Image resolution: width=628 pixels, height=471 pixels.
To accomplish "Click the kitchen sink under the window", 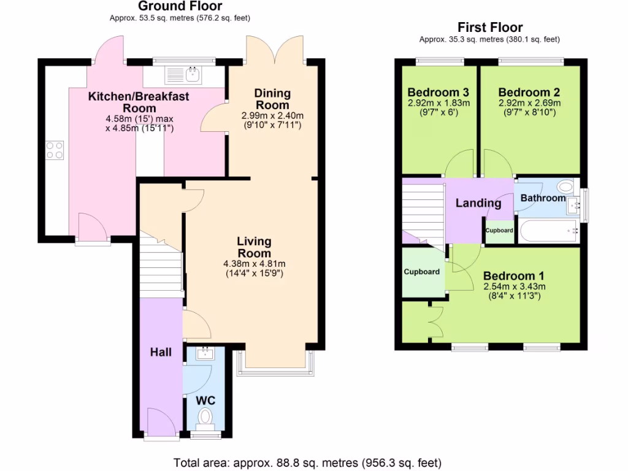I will [x=185, y=75].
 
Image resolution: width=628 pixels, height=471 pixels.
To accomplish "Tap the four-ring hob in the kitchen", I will [x=55, y=150].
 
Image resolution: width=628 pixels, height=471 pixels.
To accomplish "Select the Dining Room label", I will [x=273, y=99].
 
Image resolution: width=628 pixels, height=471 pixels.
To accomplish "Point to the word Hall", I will [x=161, y=352].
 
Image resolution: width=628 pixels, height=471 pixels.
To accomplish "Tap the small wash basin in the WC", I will [x=205, y=353].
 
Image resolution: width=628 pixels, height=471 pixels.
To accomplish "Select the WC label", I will [x=205, y=400].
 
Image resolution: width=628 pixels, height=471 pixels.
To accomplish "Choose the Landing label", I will [x=478, y=203].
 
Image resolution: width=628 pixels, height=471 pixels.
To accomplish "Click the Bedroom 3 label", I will [x=438, y=92].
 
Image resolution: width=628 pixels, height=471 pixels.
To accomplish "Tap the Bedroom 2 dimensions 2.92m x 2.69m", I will [x=529, y=102].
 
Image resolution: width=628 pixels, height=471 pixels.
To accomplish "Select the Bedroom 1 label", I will [x=514, y=276].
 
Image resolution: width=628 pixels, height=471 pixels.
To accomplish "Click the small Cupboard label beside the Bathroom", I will [x=499, y=231].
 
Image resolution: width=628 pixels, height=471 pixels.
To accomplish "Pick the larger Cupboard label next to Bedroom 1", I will [x=422, y=271].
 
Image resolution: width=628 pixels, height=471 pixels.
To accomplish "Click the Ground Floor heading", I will [x=184, y=7].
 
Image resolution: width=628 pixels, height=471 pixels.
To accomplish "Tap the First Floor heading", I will [x=490, y=28].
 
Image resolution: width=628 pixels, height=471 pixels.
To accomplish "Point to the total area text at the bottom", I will [x=307, y=462].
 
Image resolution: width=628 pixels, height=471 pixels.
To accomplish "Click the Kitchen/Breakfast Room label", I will [x=139, y=102].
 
